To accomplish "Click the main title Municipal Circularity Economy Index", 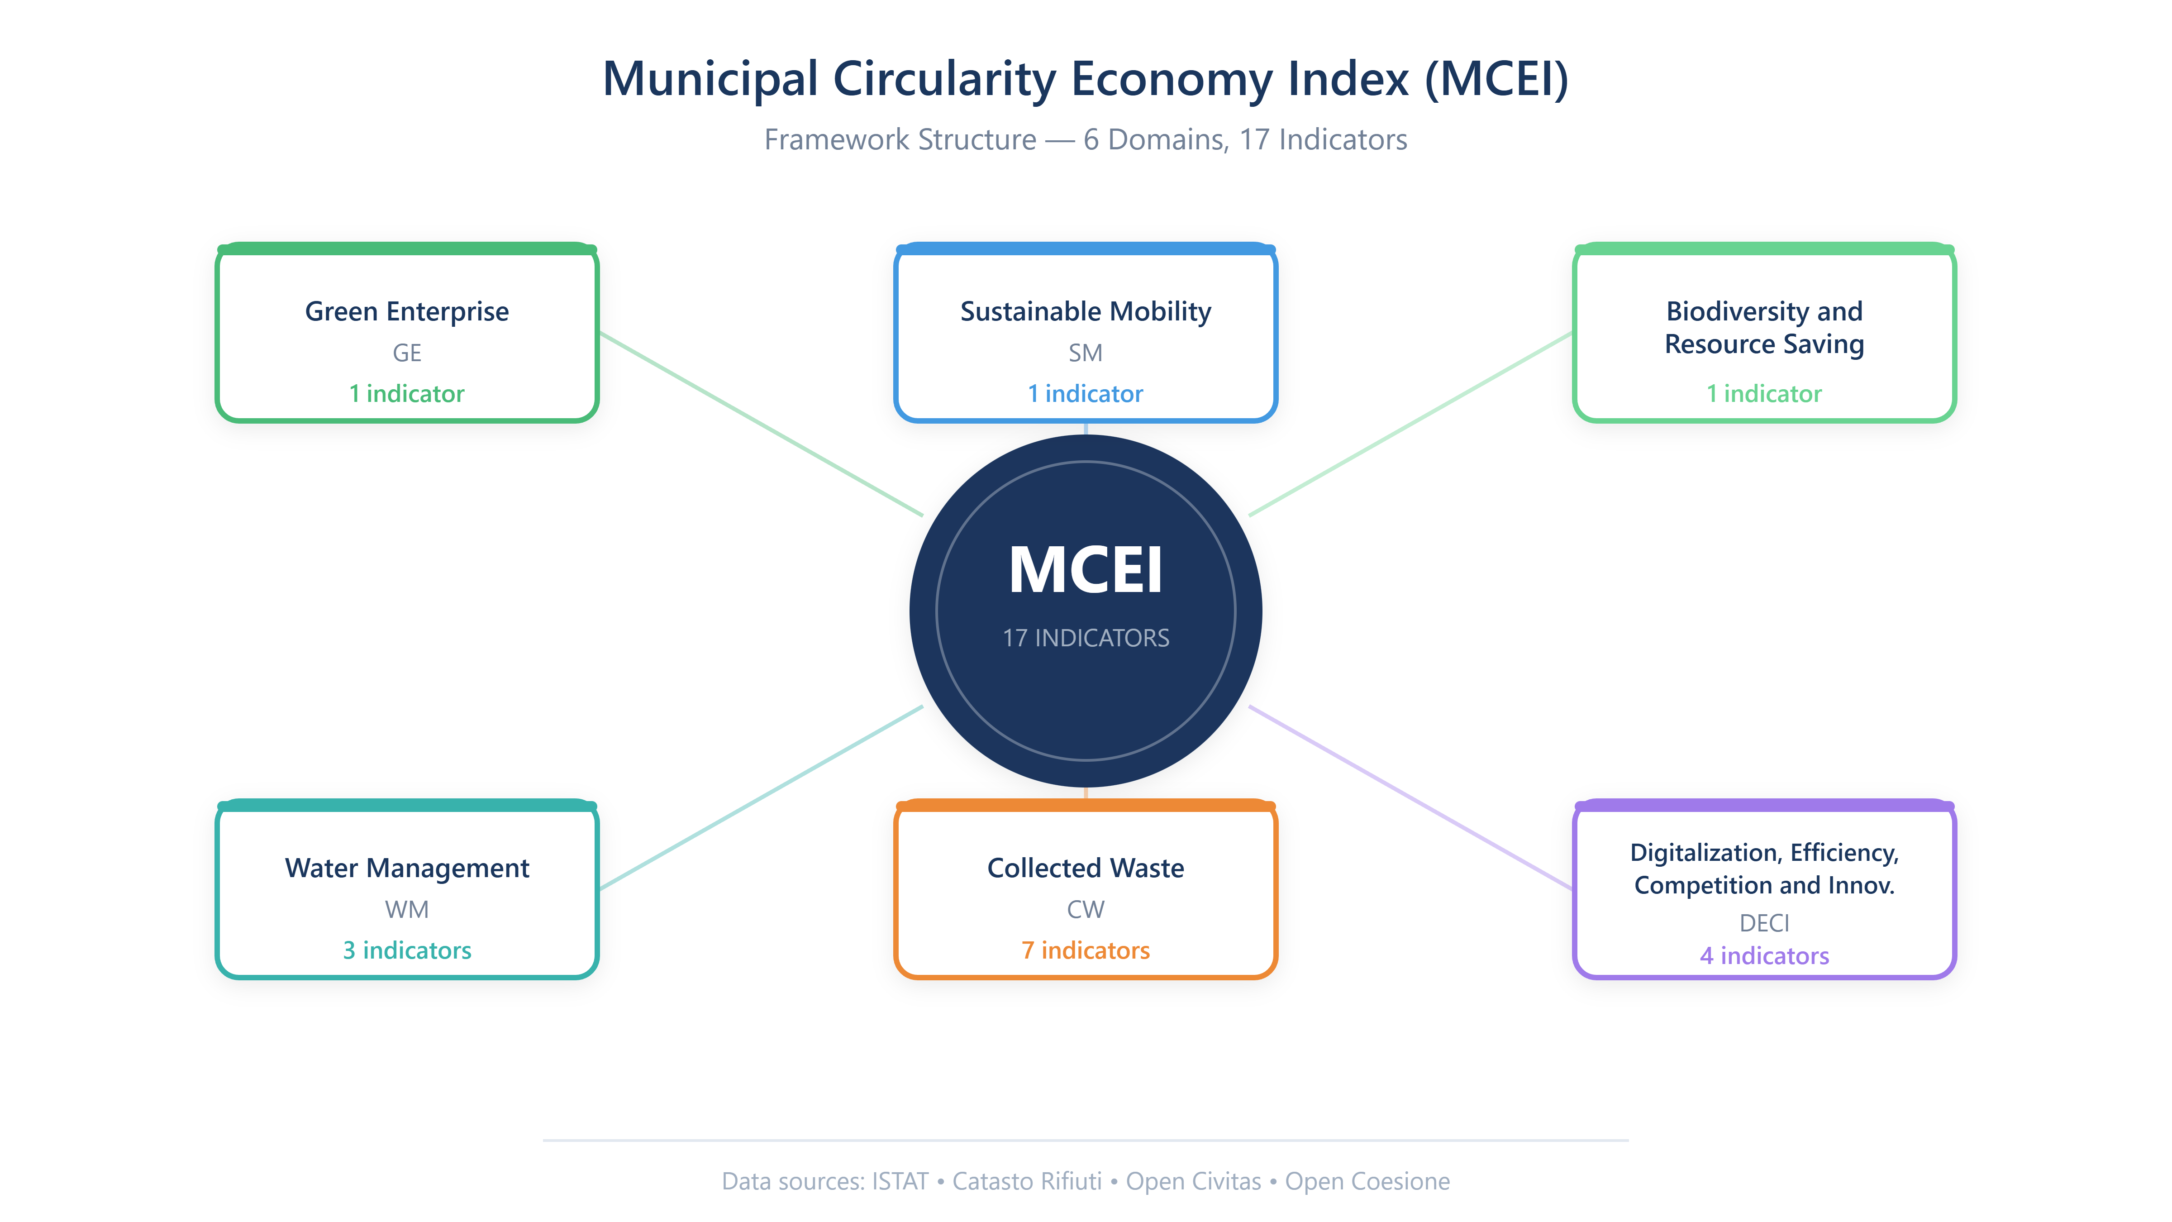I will [x=1085, y=79].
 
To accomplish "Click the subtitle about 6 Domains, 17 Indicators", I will [x=1085, y=139].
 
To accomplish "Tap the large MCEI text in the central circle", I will [x=1085, y=570].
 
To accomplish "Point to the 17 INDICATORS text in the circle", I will [x=1085, y=638].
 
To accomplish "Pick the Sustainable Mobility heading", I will [x=1085, y=311].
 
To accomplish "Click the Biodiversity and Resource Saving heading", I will [x=1764, y=327].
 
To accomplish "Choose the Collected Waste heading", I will [x=1085, y=868].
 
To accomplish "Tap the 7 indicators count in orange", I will [x=1085, y=950].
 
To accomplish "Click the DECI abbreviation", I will [x=1764, y=923].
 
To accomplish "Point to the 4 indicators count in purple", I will [x=1764, y=955].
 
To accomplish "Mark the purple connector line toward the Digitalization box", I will [x=1410, y=797].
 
